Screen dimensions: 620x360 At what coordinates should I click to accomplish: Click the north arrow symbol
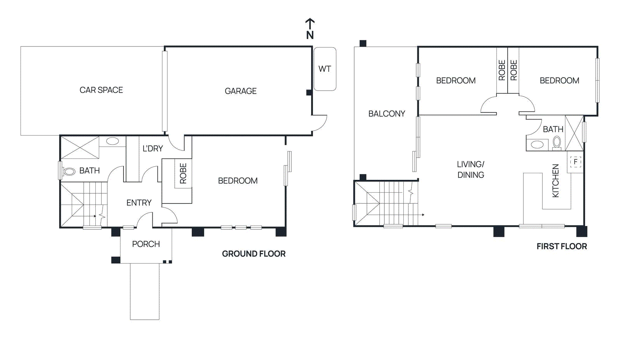[310, 28]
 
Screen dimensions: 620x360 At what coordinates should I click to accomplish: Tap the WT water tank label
[324, 69]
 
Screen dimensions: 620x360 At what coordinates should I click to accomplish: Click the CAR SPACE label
[101, 90]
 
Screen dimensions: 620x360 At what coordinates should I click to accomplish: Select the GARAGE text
[241, 91]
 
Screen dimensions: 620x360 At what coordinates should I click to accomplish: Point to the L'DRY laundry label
[153, 148]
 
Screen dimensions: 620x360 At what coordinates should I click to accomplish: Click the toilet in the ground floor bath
[69, 171]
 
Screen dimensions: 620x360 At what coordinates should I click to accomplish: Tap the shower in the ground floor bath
[80, 148]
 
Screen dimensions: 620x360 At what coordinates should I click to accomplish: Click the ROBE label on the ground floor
[183, 173]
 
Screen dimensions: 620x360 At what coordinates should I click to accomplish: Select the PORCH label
[146, 244]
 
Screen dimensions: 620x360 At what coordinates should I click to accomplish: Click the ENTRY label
[139, 203]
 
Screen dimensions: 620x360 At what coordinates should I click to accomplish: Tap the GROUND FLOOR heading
[253, 254]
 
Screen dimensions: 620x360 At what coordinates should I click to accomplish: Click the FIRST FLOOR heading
[561, 246]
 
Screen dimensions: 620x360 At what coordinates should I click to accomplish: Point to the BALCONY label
[386, 114]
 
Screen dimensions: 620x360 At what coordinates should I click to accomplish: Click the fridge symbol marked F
[575, 162]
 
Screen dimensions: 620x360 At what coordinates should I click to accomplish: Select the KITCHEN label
[556, 181]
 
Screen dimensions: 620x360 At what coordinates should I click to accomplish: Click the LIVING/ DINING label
[470, 169]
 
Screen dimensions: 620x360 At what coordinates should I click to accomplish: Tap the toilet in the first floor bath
[557, 143]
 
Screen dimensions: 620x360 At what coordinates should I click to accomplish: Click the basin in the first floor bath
[537, 145]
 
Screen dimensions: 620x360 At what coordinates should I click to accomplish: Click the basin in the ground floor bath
[112, 141]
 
